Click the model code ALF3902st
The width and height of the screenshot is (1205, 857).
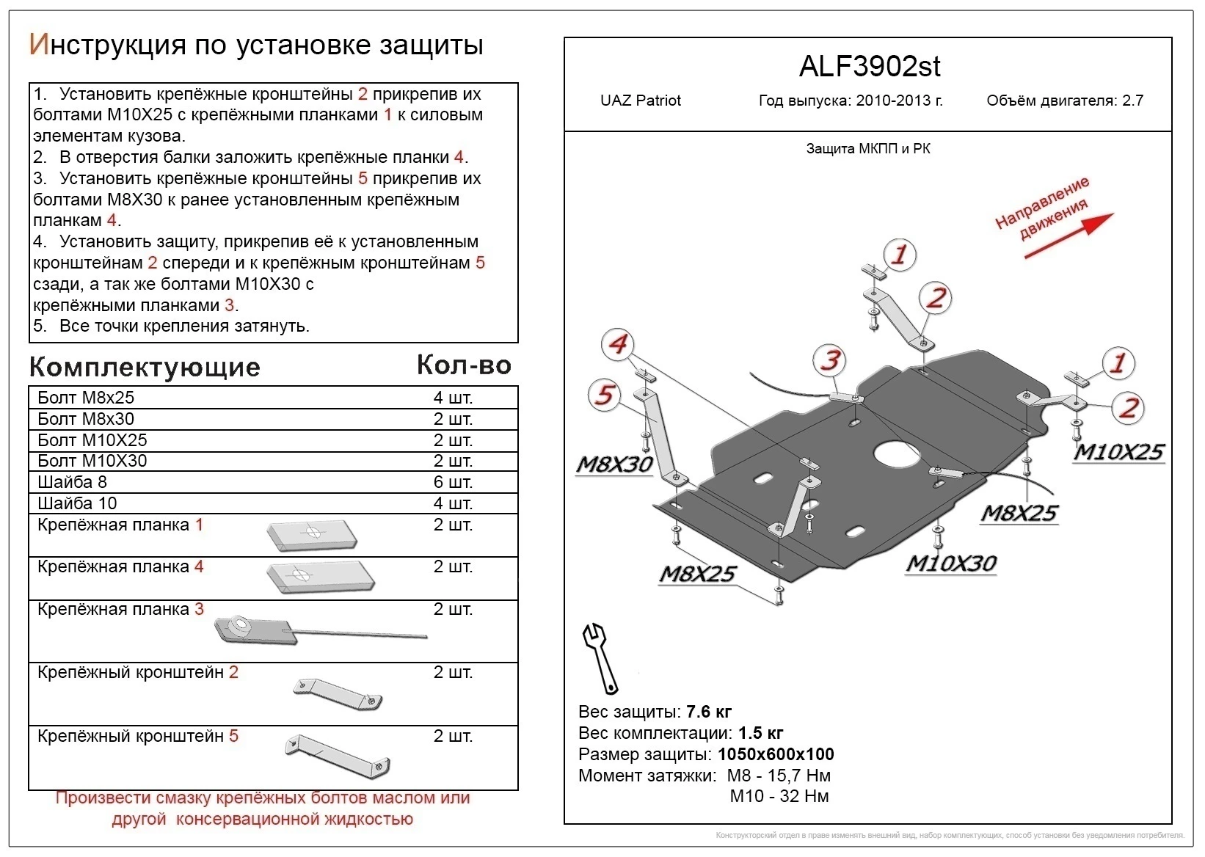click(869, 68)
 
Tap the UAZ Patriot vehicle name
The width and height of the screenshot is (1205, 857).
click(640, 101)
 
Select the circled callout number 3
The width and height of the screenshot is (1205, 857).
click(830, 360)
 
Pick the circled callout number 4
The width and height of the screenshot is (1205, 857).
click(618, 344)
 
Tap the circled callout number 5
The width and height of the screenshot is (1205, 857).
click(604, 395)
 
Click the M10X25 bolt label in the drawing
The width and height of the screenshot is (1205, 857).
click(1118, 452)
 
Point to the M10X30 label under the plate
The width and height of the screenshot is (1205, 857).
click(951, 564)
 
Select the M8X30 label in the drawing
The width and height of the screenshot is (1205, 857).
click(614, 464)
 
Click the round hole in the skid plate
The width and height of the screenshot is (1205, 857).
click(896, 453)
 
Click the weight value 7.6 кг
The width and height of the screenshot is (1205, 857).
click(709, 712)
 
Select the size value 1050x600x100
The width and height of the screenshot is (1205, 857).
click(776, 754)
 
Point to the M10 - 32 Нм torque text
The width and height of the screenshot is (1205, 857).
click(779, 796)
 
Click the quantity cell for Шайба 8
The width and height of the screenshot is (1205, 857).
click(453, 482)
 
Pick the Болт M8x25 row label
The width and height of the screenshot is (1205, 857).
click(86, 398)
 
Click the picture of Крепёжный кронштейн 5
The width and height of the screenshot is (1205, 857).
click(338, 756)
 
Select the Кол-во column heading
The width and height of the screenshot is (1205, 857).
click(464, 365)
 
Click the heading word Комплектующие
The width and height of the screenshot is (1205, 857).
click(145, 367)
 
